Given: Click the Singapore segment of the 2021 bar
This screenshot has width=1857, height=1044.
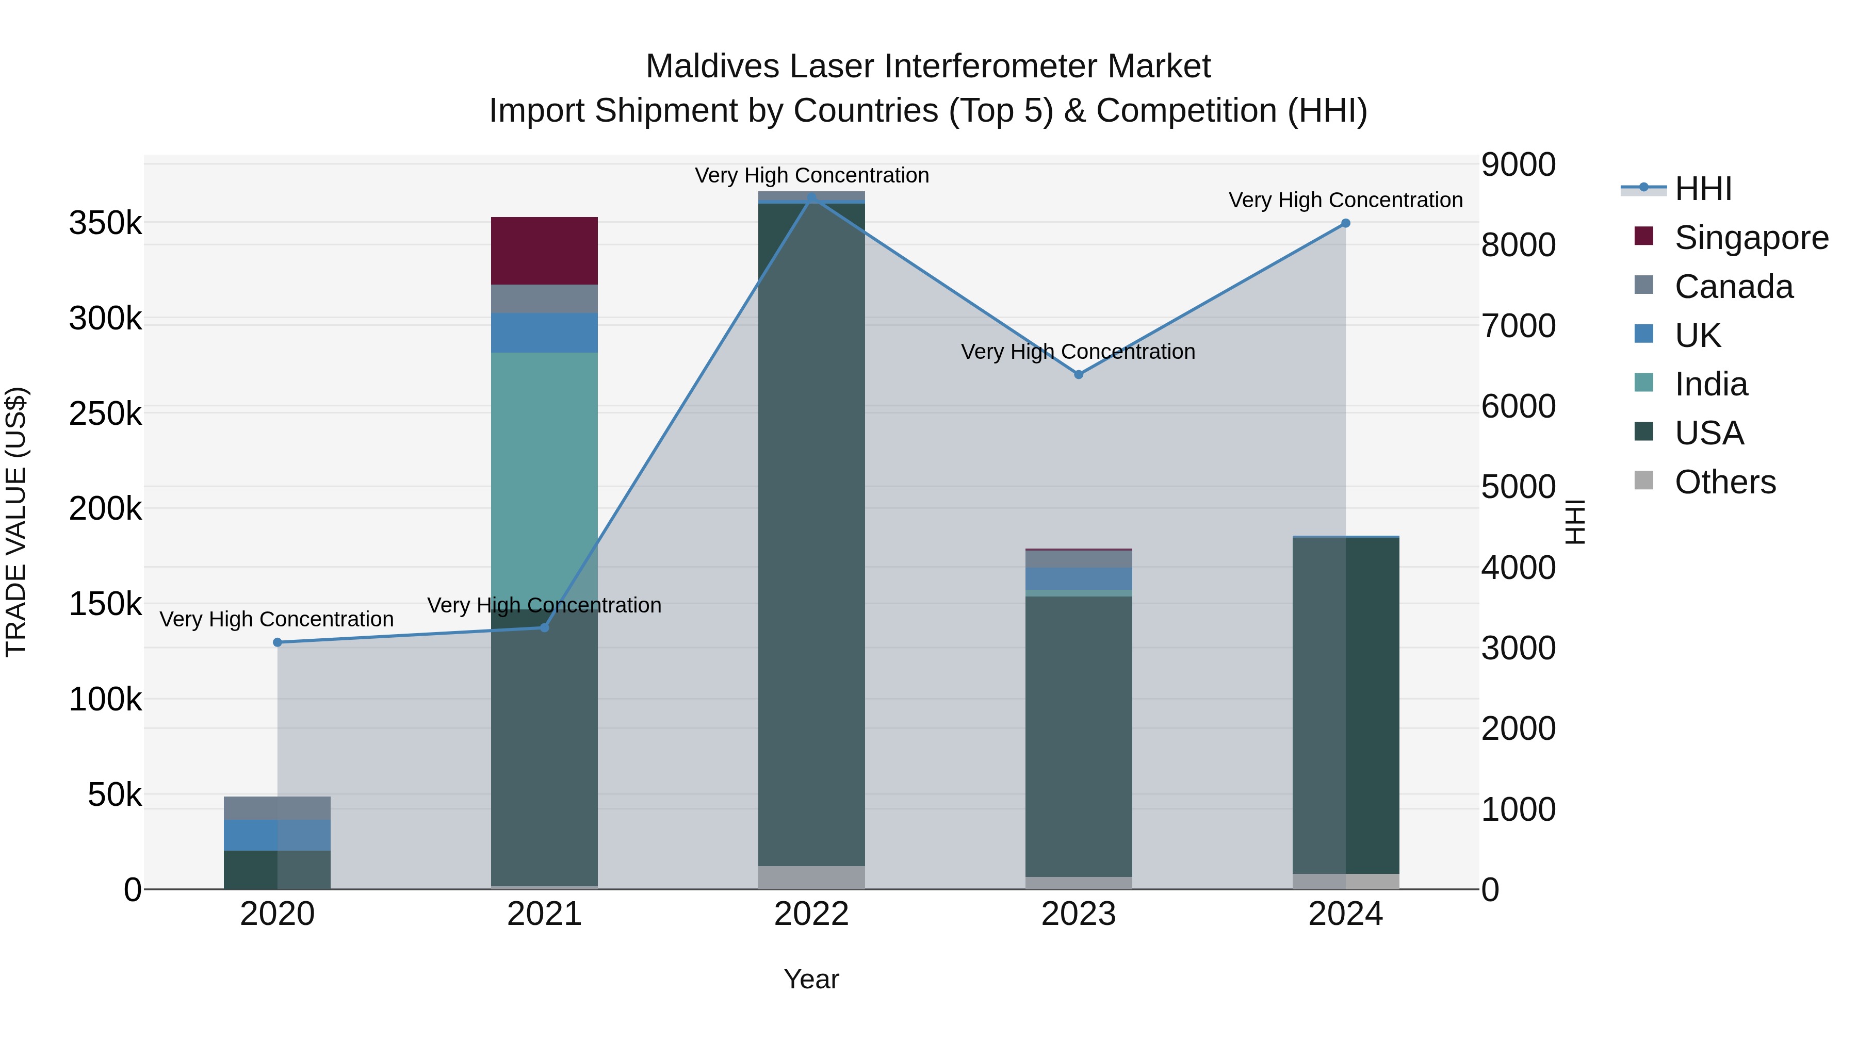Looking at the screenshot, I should pos(544,251).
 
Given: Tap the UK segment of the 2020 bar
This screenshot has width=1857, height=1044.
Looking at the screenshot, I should pos(277,835).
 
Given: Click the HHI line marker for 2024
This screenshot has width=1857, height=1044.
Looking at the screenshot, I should pos(1345,223).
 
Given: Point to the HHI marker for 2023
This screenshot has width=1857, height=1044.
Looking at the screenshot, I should pos(1079,375).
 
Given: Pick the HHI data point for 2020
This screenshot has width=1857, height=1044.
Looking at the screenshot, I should pos(278,642).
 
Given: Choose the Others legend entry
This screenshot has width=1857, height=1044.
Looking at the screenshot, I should pos(1724,482).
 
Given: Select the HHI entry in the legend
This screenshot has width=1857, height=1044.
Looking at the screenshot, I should pos(1703,189).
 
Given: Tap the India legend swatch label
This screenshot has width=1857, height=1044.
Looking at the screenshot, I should pos(1711,384).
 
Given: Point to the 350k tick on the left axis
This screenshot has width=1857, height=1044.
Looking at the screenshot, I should pos(105,223).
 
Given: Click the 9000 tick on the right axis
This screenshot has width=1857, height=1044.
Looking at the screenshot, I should pos(1518,164).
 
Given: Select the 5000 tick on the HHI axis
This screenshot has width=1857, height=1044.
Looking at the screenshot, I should pos(1518,487).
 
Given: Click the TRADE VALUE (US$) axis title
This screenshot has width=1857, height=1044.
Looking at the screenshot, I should pos(17,522).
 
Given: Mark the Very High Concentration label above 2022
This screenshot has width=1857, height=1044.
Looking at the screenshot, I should pos(812,175).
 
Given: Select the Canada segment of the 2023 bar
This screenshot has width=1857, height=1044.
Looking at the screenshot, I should pos(1079,559).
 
